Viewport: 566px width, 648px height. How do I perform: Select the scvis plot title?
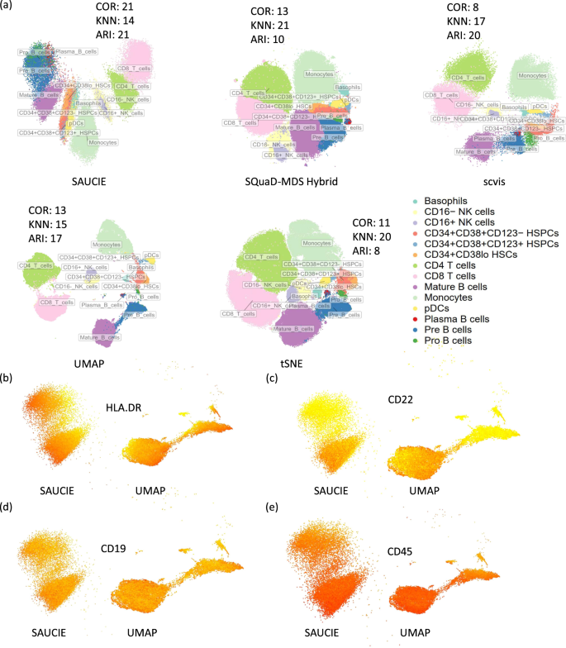[x=494, y=178]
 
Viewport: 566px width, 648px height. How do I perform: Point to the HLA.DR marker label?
[x=126, y=407]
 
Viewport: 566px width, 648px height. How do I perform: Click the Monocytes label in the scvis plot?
[x=536, y=75]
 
